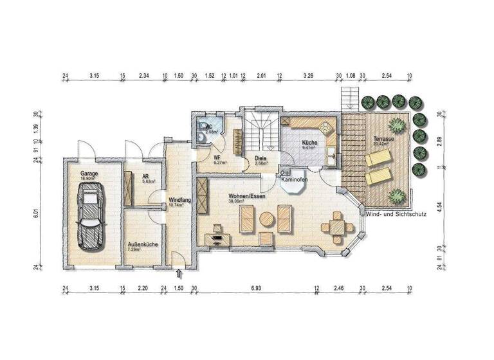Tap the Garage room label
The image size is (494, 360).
point(89,174)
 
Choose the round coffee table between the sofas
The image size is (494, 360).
point(266,220)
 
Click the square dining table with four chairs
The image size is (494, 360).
point(337,227)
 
